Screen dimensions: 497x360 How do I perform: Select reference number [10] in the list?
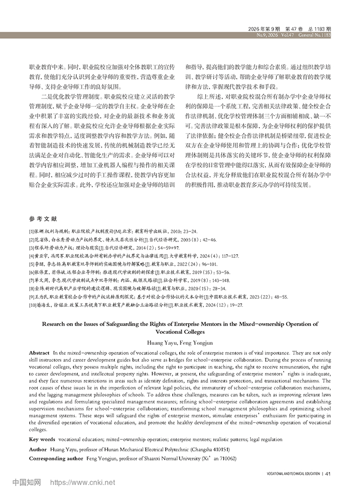coord(33,305)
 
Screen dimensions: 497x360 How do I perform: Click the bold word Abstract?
coord(39,352)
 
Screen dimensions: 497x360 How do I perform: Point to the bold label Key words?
coord(42,439)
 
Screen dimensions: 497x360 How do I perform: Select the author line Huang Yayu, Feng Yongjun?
coord(180,342)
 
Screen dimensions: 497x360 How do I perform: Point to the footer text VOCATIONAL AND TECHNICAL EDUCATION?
coord(293,474)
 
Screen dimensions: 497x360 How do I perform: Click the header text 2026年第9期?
coord(264,29)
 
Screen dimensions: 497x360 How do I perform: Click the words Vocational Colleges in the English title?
coord(180,331)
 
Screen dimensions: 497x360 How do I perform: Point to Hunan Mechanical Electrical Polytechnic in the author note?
coord(134,449)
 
